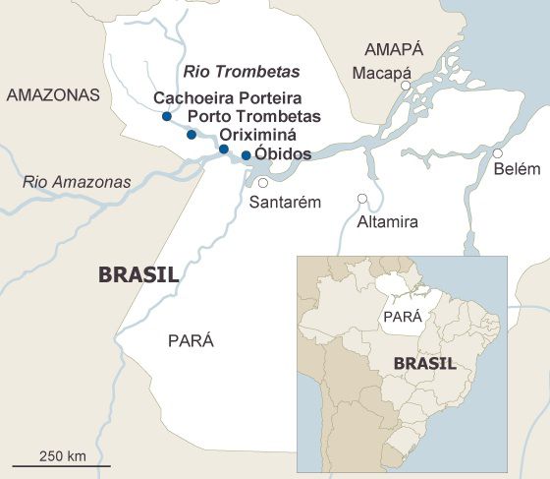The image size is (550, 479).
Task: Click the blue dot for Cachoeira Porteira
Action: coord(166,117)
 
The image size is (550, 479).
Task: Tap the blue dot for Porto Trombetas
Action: coord(192,134)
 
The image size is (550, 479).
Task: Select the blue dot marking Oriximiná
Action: coord(224,150)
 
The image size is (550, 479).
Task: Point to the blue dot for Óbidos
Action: coord(246,155)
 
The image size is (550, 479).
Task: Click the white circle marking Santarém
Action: coord(262,183)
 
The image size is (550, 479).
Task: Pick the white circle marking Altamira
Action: coord(362,199)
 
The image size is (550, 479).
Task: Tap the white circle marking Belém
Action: coord(498,153)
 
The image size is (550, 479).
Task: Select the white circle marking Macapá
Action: coord(405,87)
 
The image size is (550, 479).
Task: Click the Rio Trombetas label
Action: coord(242,72)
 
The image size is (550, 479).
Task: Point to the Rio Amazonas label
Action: coord(77,182)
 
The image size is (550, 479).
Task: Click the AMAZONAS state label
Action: coord(53,95)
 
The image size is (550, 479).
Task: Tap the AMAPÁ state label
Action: coord(393,49)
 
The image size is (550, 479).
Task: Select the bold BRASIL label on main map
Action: coord(138,274)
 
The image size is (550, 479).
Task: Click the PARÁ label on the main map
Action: coord(191,341)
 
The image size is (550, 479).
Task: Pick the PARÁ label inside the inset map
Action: coord(402,317)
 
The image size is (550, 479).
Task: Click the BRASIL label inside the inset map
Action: coord(424,363)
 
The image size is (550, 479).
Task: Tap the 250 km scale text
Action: coord(63,455)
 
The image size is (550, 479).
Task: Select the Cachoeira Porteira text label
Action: coord(228,98)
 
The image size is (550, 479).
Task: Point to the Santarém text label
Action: coord(286,203)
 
